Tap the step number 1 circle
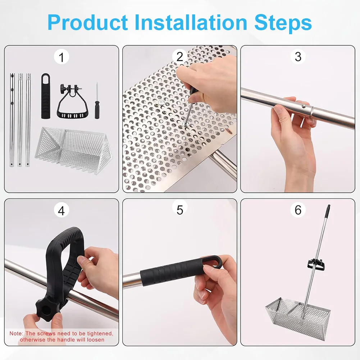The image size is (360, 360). [x=61, y=57]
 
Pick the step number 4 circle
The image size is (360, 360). [x=61, y=211]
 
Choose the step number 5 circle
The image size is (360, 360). [x=179, y=210]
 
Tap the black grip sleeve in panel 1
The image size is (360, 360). [x=46, y=96]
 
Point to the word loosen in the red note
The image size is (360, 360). [x=95, y=340]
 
